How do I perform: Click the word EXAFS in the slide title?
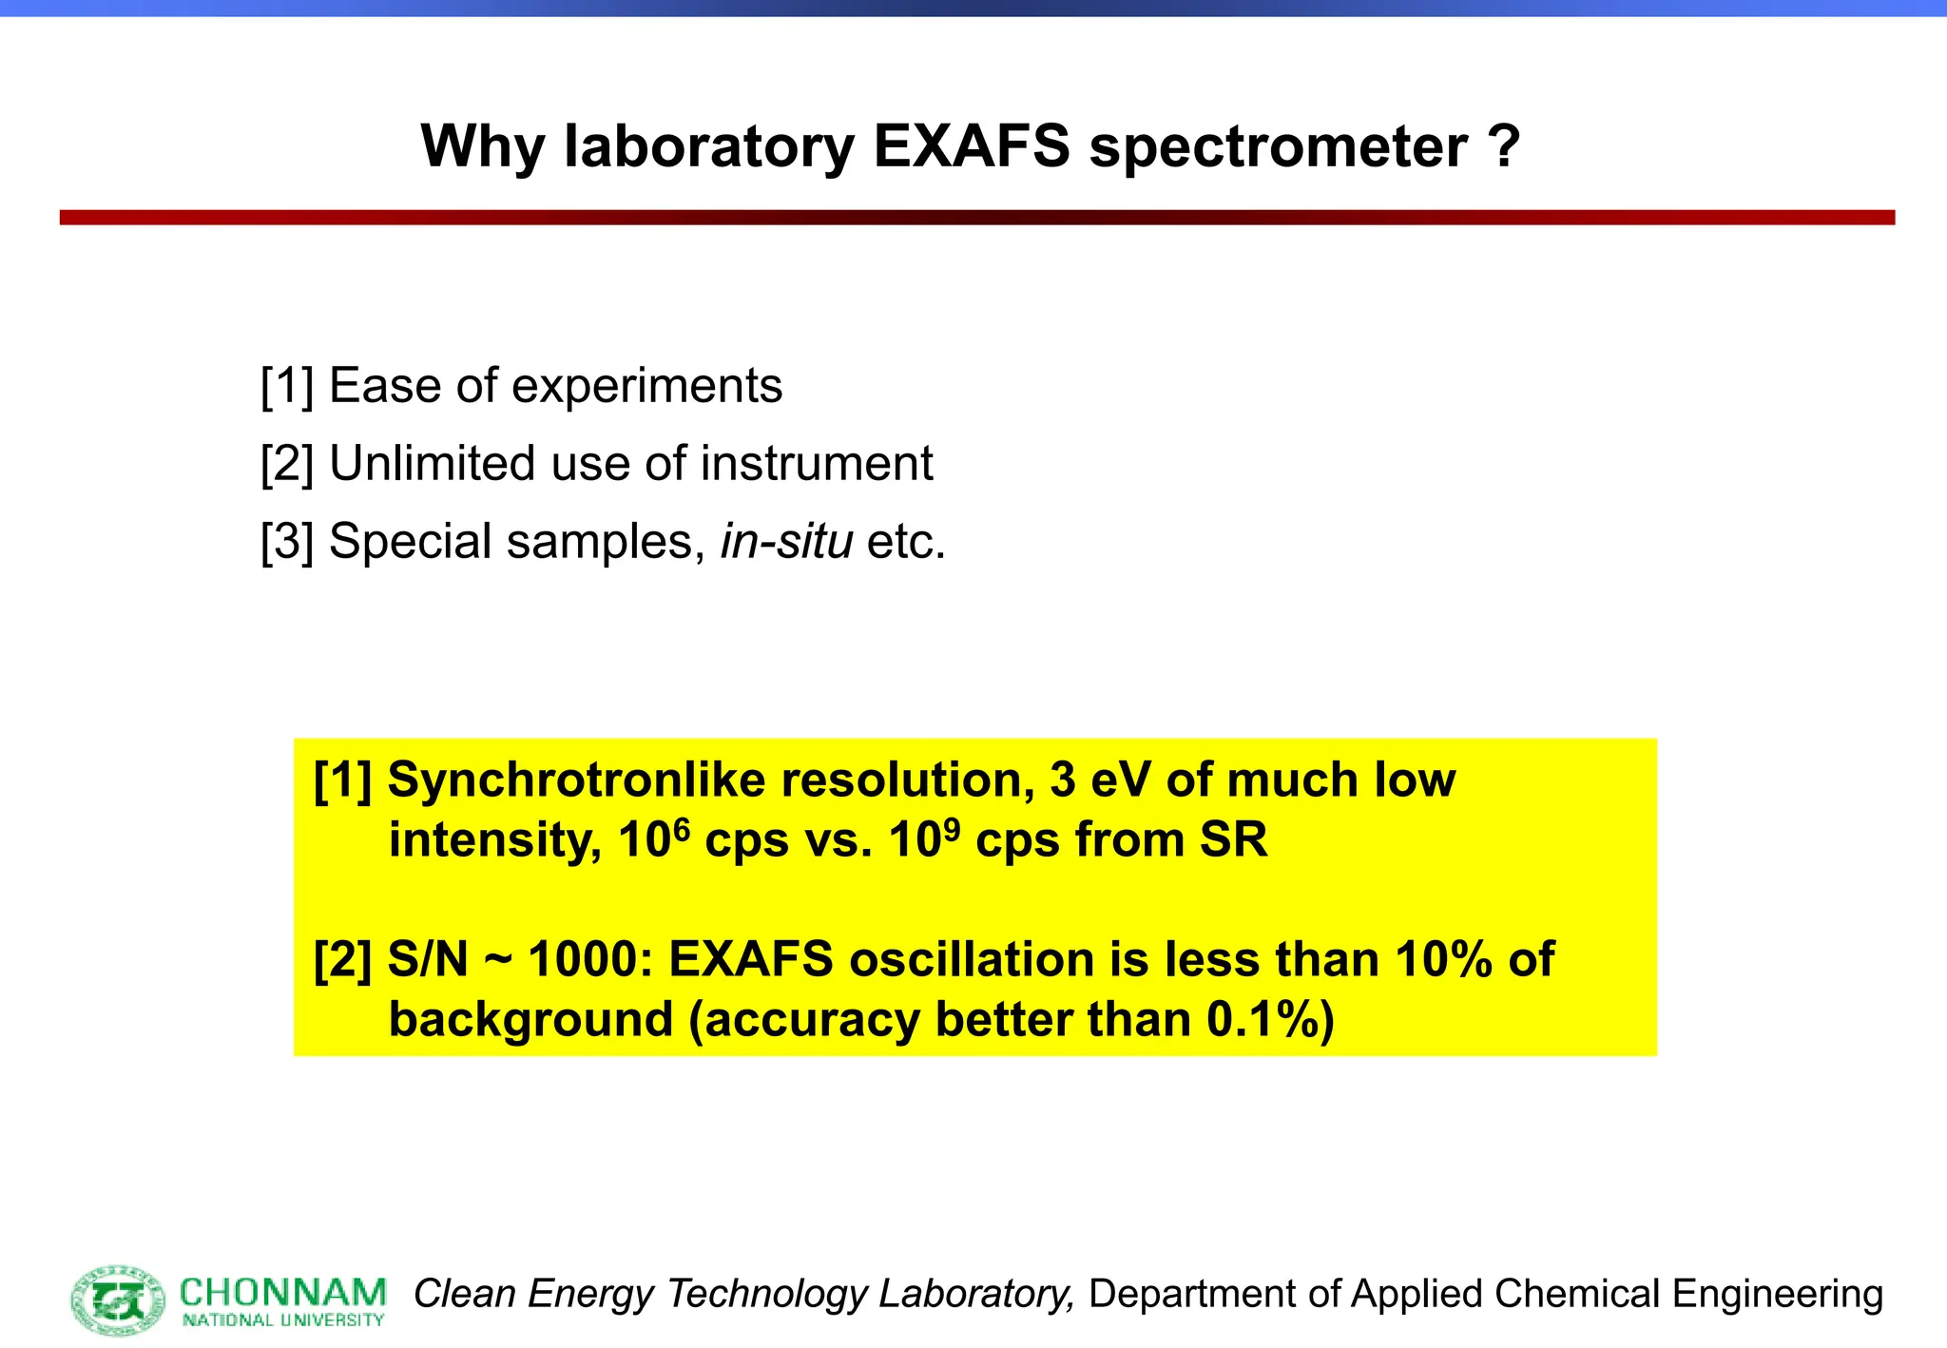point(971,146)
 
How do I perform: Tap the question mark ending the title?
point(1504,146)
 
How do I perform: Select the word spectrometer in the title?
point(1278,148)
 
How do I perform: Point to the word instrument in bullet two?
point(817,464)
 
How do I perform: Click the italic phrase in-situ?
point(786,542)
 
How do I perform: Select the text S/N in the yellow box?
point(428,959)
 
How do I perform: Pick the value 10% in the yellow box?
point(1444,959)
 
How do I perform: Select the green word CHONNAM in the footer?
point(282,1293)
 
